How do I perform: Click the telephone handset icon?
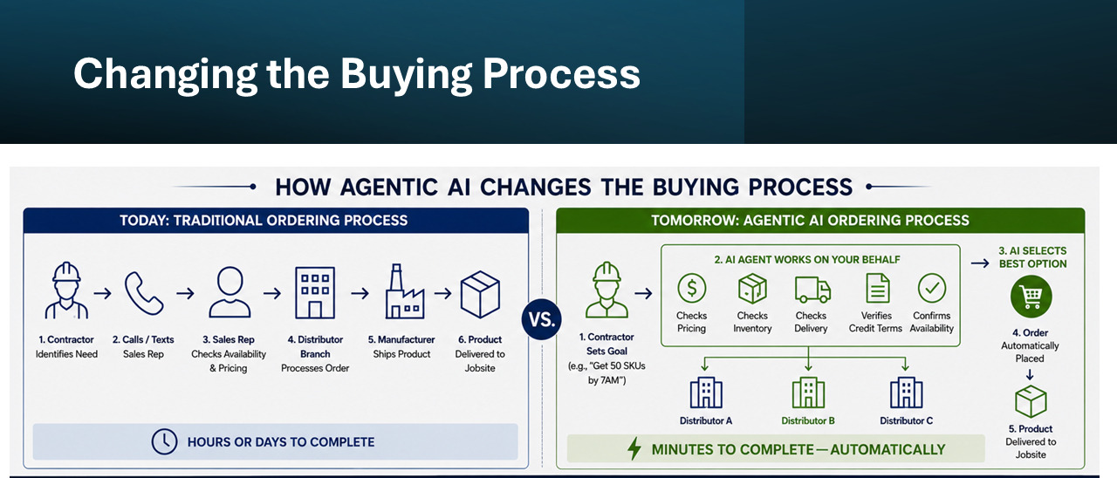(x=144, y=293)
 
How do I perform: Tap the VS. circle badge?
(x=542, y=319)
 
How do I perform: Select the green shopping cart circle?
(x=1031, y=297)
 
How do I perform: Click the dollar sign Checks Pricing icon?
(x=692, y=288)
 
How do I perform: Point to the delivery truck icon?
(x=812, y=290)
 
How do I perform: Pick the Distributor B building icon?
(x=808, y=393)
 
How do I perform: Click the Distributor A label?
(x=706, y=420)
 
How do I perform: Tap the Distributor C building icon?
(x=906, y=393)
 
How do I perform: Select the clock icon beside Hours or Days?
(x=164, y=441)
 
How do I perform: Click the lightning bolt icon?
(x=634, y=448)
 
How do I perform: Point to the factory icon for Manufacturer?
(x=404, y=291)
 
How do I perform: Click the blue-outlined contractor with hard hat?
(x=66, y=290)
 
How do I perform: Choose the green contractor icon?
(x=606, y=290)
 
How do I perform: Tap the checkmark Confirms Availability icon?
(x=931, y=288)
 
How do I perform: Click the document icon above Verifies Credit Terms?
(x=878, y=288)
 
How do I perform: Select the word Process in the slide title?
(x=561, y=74)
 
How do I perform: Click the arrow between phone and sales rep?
(x=185, y=293)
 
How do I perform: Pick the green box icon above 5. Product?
(x=1031, y=401)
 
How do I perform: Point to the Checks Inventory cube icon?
(x=752, y=289)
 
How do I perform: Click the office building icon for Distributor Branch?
(x=315, y=292)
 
